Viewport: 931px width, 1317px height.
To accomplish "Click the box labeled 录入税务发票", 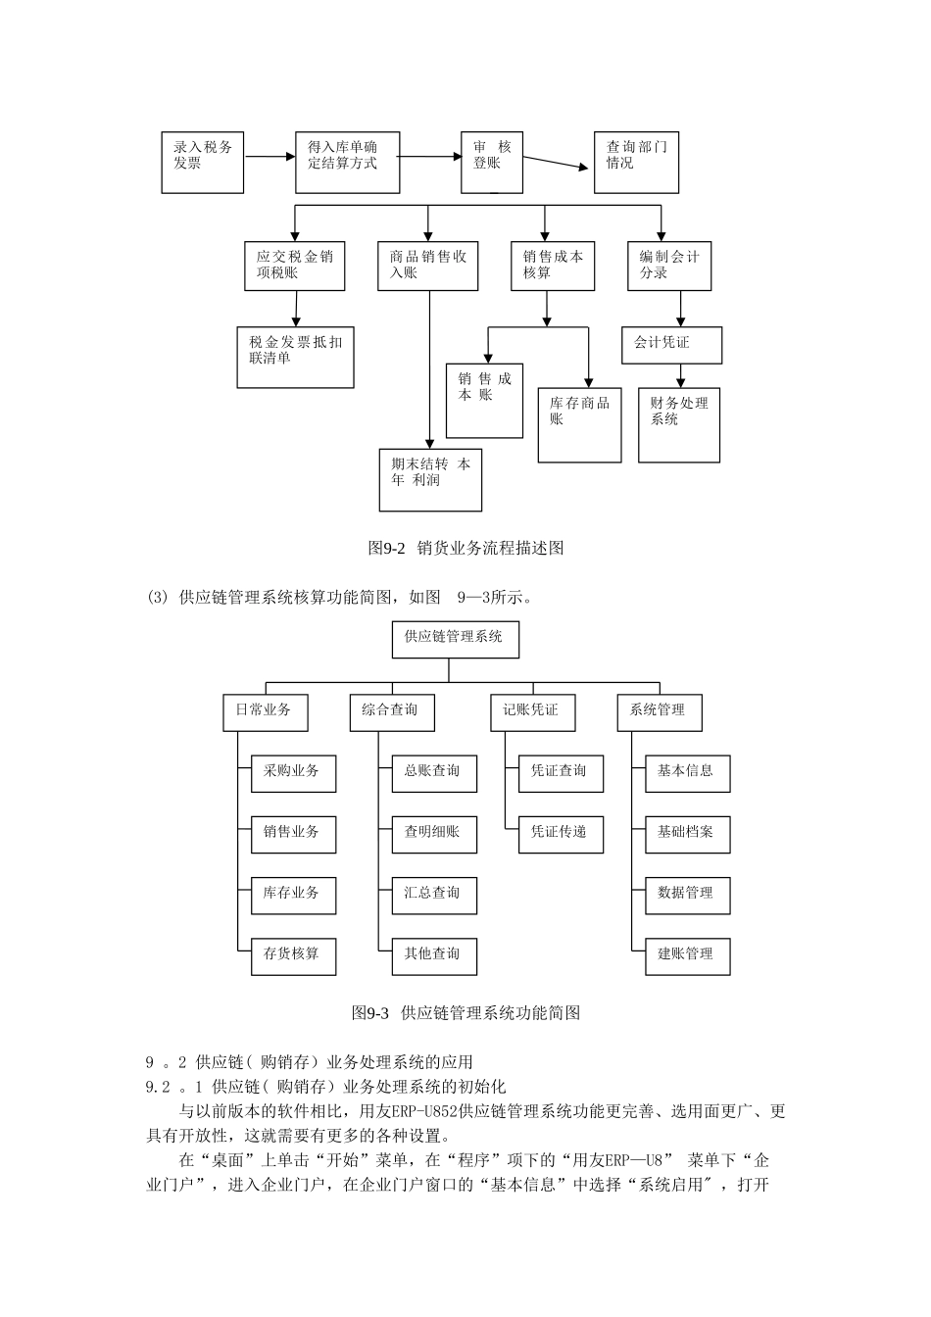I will (203, 162).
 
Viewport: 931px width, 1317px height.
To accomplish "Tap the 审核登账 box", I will (492, 162).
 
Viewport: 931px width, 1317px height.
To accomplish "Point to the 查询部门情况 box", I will (636, 162).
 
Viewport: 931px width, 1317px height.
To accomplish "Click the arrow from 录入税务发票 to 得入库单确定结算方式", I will (269, 156).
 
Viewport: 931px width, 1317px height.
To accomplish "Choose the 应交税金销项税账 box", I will (295, 267).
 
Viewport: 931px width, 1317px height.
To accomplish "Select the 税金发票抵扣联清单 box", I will (296, 357).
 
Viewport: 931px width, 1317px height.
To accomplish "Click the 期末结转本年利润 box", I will (430, 479).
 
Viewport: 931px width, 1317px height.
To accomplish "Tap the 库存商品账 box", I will (579, 424).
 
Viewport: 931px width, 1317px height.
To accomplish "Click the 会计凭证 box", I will (671, 345).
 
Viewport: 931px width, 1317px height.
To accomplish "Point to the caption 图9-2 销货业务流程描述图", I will (465, 549).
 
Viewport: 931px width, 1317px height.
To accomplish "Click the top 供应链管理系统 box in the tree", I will (455, 639).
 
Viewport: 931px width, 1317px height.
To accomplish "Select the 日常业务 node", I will (266, 711).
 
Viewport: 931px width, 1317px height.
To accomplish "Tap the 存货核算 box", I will (293, 955).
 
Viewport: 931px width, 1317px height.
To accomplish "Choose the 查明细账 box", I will (434, 834).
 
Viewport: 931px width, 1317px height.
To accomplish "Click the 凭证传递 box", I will (561, 834).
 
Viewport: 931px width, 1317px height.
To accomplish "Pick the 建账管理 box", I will (687, 955).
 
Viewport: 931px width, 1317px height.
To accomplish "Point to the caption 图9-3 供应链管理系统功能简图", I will (465, 1013).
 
